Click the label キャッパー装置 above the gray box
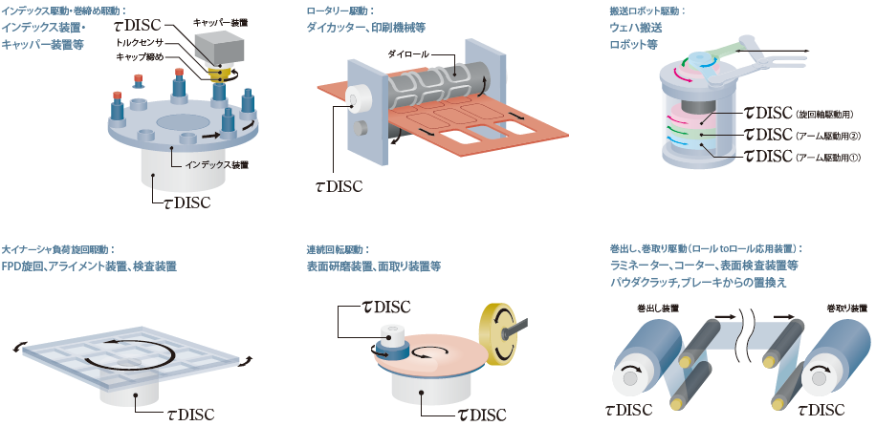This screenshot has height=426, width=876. click(x=221, y=20)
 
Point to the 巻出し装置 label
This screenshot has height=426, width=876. click(x=656, y=309)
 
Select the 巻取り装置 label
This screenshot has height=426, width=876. click(x=846, y=309)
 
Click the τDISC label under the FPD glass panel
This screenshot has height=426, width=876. click(x=176, y=414)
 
